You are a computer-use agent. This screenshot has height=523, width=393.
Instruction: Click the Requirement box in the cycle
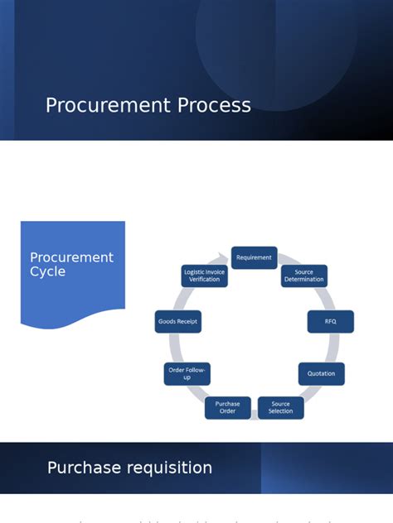point(254,257)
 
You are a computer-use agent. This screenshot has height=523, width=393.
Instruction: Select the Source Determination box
point(303,276)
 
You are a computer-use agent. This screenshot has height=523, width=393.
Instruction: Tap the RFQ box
point(330,321)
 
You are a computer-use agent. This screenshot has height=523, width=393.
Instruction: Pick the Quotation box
point(321,373)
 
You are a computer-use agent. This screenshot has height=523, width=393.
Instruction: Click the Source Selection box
point(280,408)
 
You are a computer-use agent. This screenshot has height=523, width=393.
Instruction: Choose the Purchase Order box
point(227,408)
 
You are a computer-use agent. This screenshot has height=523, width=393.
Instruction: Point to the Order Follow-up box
point(187,373)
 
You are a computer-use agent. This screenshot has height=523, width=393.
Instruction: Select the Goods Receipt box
point(177,321)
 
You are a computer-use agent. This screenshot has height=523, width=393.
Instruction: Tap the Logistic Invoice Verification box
point(204,276)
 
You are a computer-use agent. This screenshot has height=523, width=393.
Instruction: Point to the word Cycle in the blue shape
point(47,271)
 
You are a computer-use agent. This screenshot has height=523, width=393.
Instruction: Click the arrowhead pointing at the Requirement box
point(223,257)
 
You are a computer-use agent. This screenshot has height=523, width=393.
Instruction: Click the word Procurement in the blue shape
point(71,257)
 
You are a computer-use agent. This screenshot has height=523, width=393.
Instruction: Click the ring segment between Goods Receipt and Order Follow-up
point(174,348)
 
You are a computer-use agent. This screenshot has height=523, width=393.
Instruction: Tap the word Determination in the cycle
point(304,280)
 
